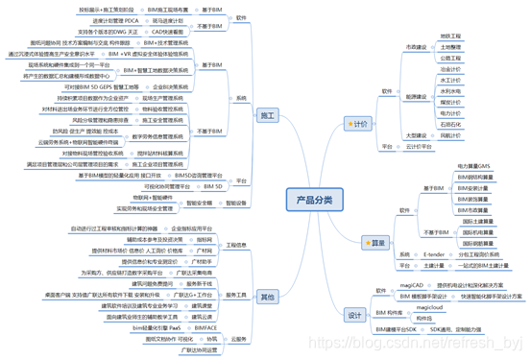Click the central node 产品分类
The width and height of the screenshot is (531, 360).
tap(315, 199)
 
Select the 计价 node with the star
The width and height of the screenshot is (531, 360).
tap(360, 124)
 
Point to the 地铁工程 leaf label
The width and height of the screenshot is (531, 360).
tap(450, 35)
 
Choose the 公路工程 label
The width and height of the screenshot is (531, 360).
tap(450, 57)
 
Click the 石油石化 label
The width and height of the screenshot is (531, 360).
tap(450, 124)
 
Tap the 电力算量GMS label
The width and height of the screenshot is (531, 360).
tap(476, 166)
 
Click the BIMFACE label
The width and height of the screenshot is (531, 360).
tap(205, 327)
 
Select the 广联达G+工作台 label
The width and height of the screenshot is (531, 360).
tap(203, 294)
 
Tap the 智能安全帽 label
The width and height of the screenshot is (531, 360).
tap(203, 203)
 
